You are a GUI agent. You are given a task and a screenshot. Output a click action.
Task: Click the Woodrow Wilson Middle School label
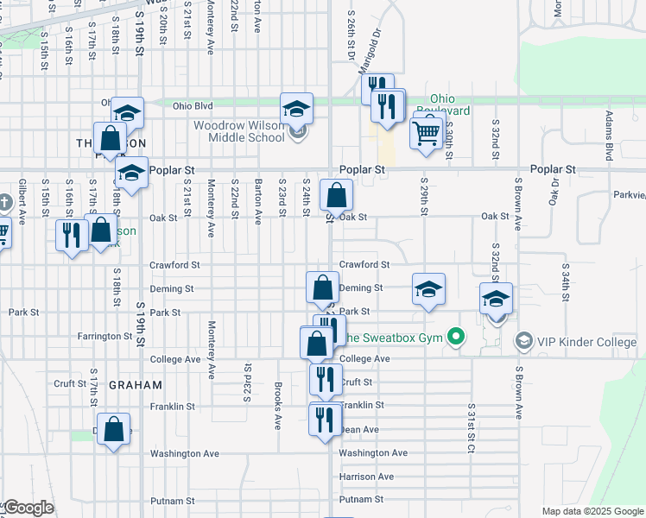pyautogui.click(x=238, y=131)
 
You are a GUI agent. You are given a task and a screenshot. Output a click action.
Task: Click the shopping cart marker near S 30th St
pyautogui.click(x=427, y=134)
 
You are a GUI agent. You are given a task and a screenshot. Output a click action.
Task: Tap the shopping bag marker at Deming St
pyautogui.click(x=322, y=287)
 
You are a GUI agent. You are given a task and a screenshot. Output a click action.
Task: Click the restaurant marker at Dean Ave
pyautogui.click(x=324, y=420)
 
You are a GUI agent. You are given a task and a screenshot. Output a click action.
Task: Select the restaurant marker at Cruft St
pyautogui.click(x=325, y=380)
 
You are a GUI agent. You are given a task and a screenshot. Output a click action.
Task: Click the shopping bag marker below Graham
pyautogui.click(x=114, y=429)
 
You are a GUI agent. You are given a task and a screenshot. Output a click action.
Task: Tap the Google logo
pyautogui.click(x=28, y=508)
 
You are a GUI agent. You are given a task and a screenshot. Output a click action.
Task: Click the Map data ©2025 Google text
pyautogui.click(x=592, y=511)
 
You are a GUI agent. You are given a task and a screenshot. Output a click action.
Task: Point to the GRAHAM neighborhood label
pyautogui.click(x=133, y=384)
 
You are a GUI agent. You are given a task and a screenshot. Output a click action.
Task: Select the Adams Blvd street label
pyautogui.click(x=609, y=135)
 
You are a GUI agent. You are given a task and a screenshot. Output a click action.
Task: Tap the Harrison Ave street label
pyautogui.click(x=366, y=477)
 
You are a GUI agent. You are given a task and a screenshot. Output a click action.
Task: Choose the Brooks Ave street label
pyautogui.click(x=278, y=406)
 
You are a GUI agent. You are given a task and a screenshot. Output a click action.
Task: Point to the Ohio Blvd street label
pyautogui.click(x=192, y=106)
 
